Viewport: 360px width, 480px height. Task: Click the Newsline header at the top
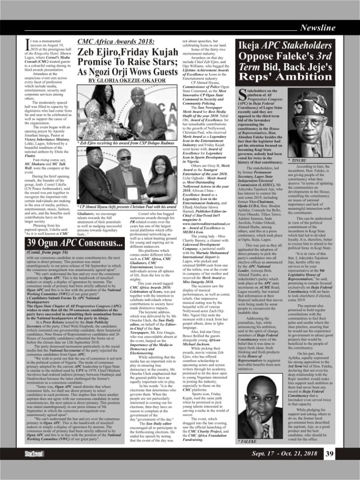(x=317, y=28)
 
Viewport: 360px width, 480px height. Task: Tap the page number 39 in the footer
(x=329, y=453)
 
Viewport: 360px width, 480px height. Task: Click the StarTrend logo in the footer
(x=34, y=453)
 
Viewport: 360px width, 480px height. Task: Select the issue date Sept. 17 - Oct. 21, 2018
(x=284, y=453)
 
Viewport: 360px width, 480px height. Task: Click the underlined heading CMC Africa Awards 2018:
(x=116, y=42)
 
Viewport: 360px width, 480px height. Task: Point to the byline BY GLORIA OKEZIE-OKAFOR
(x=126, y=80)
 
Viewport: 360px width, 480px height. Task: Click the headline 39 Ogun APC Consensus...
(x=74, y=243)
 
